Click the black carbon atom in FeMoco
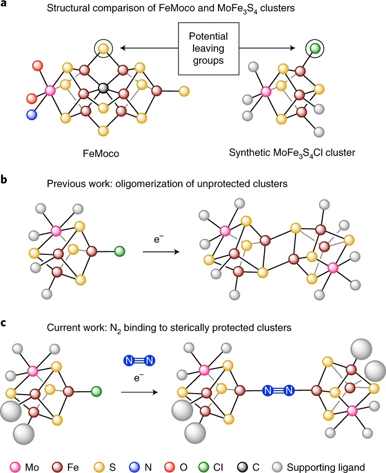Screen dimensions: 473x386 [102, 88]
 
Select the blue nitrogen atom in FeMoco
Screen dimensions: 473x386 [32, 115]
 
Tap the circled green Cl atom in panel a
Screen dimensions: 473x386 [315, 48]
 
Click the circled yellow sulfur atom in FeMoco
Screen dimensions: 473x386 [103, 47]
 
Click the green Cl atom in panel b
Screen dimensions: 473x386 [120, 251]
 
